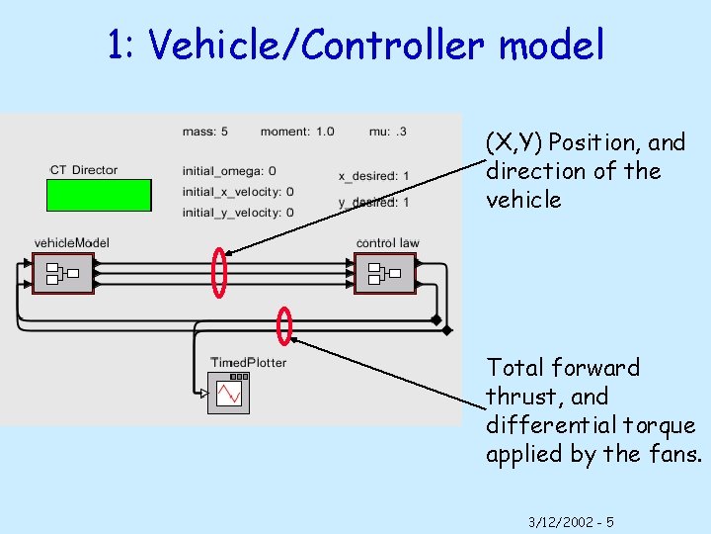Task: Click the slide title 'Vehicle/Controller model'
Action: point(355,44)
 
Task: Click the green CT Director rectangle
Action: point(99,195)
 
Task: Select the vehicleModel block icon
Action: point(63,273)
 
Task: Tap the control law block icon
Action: point(384,273)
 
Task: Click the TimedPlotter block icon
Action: point(229,393)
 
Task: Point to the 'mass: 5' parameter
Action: point(205,131)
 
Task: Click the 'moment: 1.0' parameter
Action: point(297,131)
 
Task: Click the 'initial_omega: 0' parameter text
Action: point(229,171)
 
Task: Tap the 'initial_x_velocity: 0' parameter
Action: point(238,191)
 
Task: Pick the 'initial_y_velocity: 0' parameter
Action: point(238,212)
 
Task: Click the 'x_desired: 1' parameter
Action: point(374,176)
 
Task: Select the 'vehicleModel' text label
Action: point(71,242)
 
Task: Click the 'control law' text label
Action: point(387,242)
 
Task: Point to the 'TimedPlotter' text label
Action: point(248,362)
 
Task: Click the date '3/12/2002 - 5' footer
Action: point(571,521)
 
